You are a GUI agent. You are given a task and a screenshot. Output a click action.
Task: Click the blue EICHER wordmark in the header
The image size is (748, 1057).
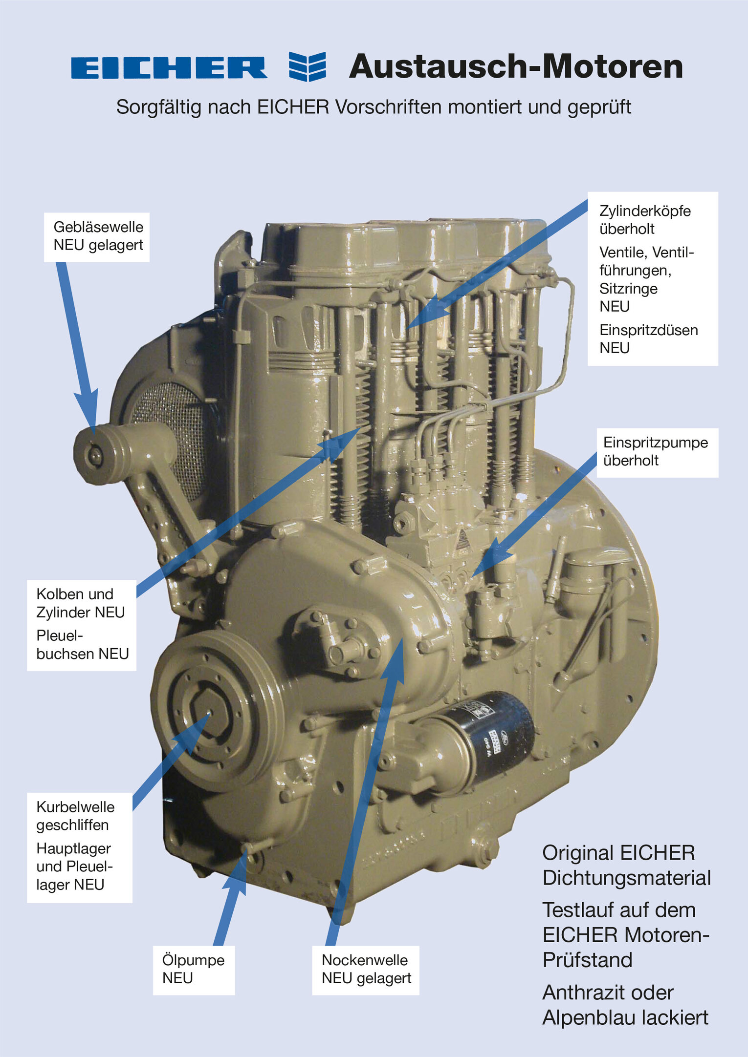pos(169,67)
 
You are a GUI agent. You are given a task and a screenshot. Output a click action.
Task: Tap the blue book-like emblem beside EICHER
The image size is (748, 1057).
pos(307,66)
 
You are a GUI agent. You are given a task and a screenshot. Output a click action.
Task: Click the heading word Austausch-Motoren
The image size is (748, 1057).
pos(516,66)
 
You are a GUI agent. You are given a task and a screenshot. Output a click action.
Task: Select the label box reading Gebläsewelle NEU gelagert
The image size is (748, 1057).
pos(97,236)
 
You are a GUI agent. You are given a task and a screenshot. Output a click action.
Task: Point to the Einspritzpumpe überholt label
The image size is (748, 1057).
pos(657,452)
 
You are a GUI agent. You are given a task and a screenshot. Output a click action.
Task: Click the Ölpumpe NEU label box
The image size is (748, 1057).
pos(194,969)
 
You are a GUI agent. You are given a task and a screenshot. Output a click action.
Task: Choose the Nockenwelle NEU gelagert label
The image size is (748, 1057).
pos(366,969)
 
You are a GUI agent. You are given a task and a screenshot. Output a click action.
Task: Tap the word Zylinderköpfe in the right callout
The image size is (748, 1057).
pos(644,211)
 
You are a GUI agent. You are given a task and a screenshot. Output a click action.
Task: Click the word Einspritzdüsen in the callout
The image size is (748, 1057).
pos(648,330)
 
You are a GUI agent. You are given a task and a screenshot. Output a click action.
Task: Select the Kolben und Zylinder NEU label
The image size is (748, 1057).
pos(81,603)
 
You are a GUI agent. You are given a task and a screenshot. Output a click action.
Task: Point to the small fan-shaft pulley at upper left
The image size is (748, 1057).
pos(95,457)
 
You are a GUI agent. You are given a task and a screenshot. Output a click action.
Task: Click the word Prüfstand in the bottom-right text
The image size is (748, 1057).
pos(587,960)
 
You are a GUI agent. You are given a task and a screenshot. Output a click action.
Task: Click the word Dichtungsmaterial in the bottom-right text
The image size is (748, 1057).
pos(626,878)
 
